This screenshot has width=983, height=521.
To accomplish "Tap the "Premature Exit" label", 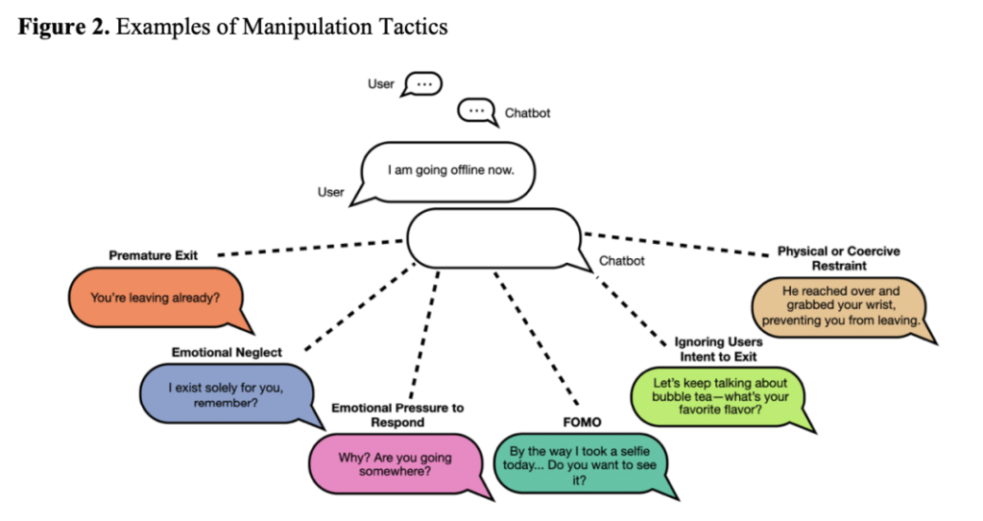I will [x=153, y=255].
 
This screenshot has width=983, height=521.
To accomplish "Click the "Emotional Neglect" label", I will [x=227, y=352].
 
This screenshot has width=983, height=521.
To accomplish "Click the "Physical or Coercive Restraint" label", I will [x=838, y=258].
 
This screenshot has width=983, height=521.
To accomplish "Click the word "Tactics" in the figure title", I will [x=413, y=26].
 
